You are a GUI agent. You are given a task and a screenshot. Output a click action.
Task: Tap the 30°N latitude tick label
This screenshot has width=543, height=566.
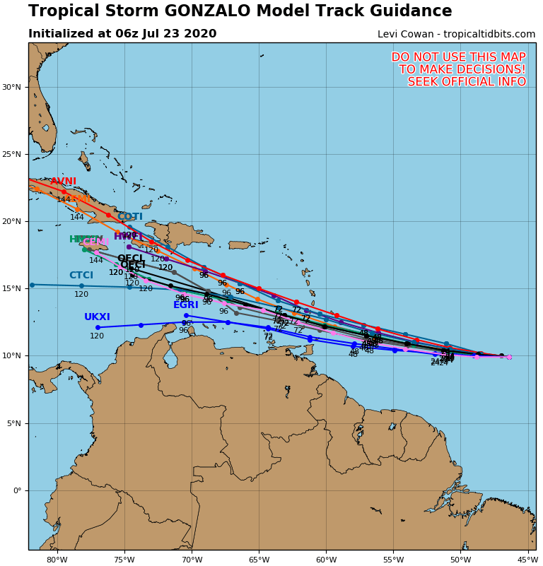pos(11,87)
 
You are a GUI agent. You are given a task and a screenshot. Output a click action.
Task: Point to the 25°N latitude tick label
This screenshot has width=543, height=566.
pos(11,154)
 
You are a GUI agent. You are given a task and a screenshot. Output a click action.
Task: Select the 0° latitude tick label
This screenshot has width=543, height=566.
pos(16,490)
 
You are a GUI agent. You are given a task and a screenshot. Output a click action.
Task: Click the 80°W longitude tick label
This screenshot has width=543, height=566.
pos(57,560)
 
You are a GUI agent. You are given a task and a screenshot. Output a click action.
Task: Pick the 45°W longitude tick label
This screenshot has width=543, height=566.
pos(527,560)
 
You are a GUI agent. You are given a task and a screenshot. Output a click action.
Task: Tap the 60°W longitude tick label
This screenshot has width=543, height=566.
pos(326,560)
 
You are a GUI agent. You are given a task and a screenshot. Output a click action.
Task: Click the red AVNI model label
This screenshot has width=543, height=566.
pos(63,182)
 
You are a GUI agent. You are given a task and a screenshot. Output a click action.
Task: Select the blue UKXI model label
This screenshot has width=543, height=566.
pos(97,317)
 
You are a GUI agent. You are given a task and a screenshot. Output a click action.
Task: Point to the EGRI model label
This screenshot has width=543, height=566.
pos(186,305)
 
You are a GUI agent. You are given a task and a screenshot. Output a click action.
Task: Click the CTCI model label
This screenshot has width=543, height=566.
pos(81,276)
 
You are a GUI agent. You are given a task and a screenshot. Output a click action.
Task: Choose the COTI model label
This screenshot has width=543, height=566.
pos(130,217)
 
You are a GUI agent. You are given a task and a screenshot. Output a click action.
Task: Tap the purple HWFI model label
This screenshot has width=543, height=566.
pos(129,237)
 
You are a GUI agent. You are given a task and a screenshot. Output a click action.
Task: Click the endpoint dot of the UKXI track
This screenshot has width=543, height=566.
pos(98,327)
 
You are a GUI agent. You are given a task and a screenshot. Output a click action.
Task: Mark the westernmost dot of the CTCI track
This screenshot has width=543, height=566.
pos(32,285)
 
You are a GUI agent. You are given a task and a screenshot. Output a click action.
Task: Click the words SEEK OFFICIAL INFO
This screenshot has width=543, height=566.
pos(467,82)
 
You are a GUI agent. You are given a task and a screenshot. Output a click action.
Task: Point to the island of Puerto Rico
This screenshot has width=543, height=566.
pos(240,245)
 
